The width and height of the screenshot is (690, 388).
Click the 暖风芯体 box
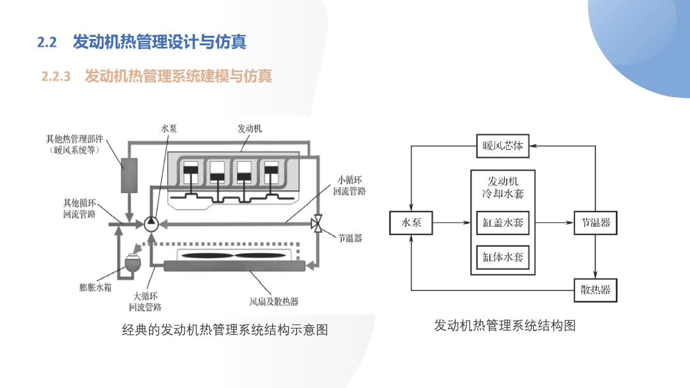503,146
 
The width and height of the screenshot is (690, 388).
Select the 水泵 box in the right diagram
411,223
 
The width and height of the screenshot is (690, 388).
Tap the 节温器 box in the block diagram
595,223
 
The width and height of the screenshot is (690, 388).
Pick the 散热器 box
595,290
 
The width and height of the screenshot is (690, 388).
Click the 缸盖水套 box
503,223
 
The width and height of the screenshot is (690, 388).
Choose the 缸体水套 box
503,257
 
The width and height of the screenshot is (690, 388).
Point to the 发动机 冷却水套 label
503,188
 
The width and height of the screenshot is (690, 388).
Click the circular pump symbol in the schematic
151,224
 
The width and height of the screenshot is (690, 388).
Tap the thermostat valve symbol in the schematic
317,224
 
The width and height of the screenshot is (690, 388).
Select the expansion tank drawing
133,263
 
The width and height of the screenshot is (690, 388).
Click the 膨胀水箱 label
95,288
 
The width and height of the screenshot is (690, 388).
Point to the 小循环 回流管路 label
349,185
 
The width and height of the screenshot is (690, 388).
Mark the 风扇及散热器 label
273,302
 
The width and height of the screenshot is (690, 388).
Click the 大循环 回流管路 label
145,302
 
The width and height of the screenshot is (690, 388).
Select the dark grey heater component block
129,175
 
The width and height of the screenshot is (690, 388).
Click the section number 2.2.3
56,77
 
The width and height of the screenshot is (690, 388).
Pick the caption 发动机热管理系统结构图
505,325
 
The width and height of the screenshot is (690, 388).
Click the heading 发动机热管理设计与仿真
159,42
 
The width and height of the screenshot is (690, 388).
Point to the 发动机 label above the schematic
250,128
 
